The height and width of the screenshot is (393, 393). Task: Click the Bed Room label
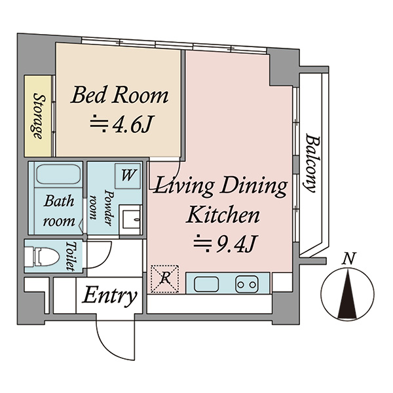click(x=120, y=95)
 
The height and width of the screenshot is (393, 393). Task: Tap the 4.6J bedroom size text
click(x=133, y=124)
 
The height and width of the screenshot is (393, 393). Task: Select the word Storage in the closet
click(x=39, y=116)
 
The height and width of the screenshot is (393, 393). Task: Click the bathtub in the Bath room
click(x=58, y=174)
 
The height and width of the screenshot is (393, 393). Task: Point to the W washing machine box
click(x=127, y=176)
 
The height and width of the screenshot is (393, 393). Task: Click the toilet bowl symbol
click(x=43, y=256)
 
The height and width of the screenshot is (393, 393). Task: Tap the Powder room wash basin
click(x=130, y=220)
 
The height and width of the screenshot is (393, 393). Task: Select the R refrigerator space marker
click(x=165, y=278)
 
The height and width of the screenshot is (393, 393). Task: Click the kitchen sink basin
click(x=206, y=284)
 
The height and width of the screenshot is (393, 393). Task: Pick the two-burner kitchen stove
click(x=247, y=284)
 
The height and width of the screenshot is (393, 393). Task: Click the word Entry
click(x=110, y=297)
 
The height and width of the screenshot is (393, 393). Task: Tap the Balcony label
click(x=310, y=163)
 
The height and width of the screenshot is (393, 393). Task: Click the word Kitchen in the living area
click(x=223, y=215)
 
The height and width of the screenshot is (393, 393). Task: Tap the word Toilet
click(x=71, y=256)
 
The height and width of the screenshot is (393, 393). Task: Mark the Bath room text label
click(x=59, y=212)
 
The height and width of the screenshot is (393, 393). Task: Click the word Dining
click(x=253, y=187)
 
